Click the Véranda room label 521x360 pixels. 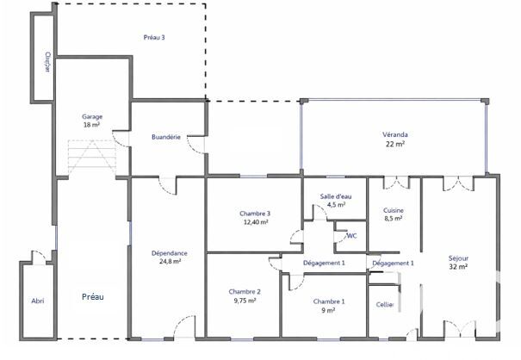pos(395,134)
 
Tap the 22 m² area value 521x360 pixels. pos(395,144)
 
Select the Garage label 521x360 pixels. pos(92,116)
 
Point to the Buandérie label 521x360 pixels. pos(166,137)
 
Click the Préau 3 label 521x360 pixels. pos(154,37)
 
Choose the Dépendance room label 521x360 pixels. pos(170,253)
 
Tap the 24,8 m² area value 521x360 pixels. pos(170,261)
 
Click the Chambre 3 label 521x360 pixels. pos(255,214)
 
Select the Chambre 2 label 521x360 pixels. pos(245,292)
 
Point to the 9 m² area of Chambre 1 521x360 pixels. pos(328,310)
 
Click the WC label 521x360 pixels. pos(351,236)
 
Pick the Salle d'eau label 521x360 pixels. pos(336,196)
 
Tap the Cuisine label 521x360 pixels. pos(394,210)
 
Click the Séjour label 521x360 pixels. pos(458,258)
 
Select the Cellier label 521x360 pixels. pos(385,305)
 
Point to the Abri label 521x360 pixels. pos(38,301)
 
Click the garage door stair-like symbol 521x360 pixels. pos(92,158)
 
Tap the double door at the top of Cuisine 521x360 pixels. pos(396,183)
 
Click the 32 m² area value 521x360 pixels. pos(458,267)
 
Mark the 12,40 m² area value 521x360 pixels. pos(255,222)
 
